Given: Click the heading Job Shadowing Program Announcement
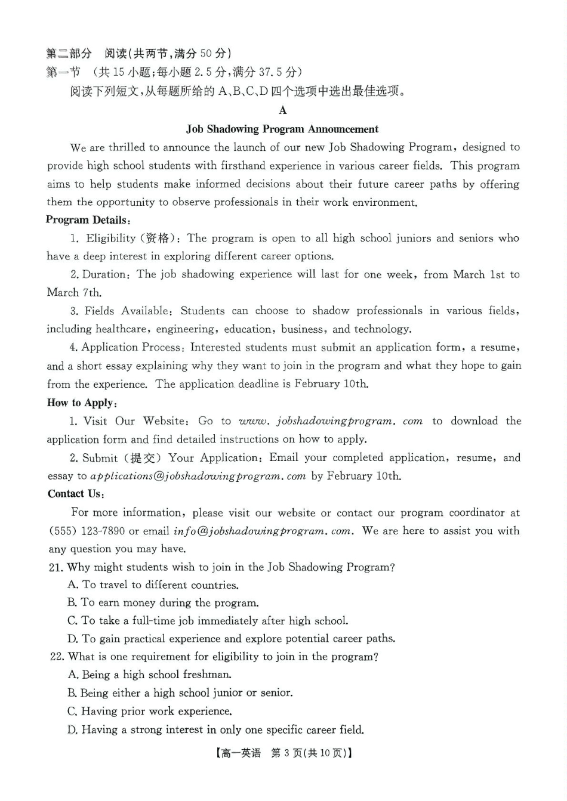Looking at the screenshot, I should pyautogui.click(x=282, y=129).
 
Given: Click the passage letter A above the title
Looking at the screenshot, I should pyautogui.click(x=282, y=110).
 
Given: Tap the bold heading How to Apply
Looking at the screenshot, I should pyautogui.click(x=82, y=403).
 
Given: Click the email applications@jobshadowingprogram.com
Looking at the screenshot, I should pyautogui.click(x=198, y=476).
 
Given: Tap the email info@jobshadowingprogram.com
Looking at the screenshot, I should pyautogui.click(x=262, y=531).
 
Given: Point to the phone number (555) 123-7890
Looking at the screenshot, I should pyautogui.click(x=87, y=531).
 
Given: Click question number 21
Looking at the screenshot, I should pyautogui.click(x=56, y=567).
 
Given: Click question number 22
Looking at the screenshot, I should pyautogui.click(x=57, y=657).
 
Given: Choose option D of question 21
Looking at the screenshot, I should pyautogui.click(x=231, y=639).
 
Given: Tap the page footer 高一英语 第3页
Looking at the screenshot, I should pyautogui.click(x=283, y=753).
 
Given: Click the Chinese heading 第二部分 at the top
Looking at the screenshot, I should pyautogui.click(x=69, y=54).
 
